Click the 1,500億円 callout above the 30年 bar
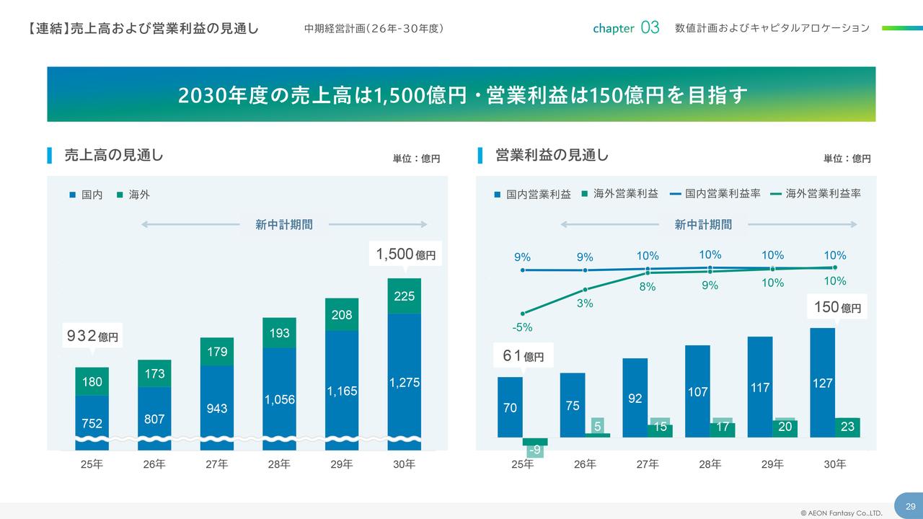406,254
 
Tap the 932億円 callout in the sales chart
92,336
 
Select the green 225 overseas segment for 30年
405,296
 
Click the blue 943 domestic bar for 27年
216,408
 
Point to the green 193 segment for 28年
279,333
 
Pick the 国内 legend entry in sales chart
87,195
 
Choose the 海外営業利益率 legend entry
816,194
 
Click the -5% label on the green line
522,327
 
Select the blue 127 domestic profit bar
822,383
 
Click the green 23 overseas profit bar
847,427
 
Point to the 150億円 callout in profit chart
837,307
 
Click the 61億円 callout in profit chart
523,355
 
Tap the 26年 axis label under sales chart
154,465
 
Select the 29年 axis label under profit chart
772,465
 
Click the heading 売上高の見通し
114,155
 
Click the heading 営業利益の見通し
552,155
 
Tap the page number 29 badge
910,505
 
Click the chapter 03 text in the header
625,28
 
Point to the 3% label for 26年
584,303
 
